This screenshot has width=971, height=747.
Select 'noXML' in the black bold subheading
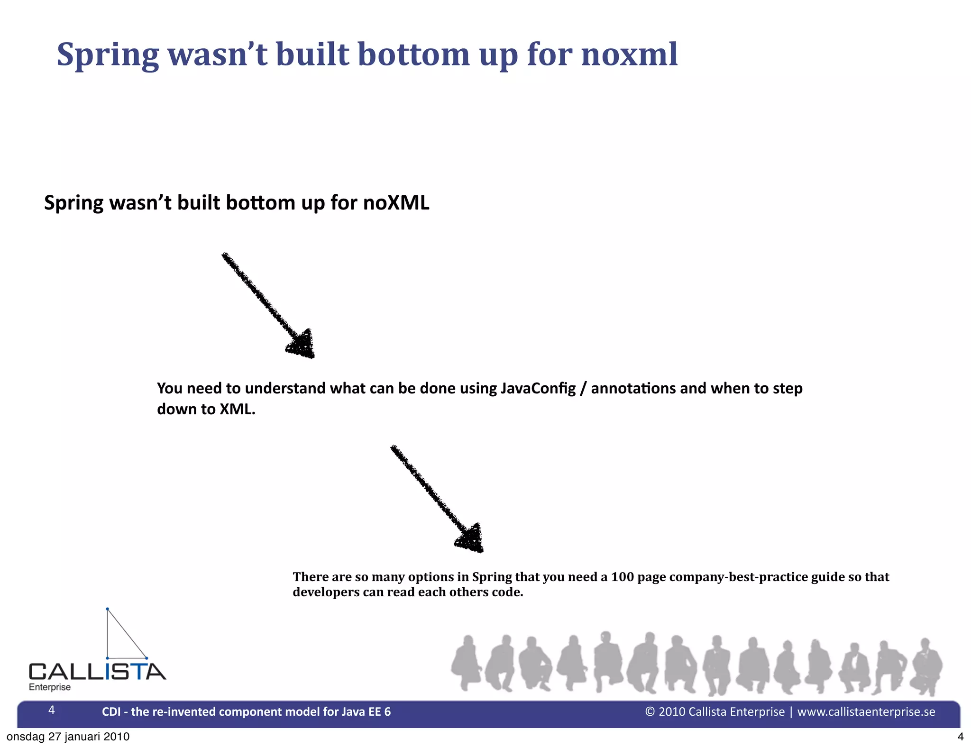[x=396, y=203]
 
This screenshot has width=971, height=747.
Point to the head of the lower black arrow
[x=471, y=539]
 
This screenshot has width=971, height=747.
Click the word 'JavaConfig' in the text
[x=538, y=388]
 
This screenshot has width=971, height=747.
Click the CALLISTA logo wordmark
[x=97, y=672]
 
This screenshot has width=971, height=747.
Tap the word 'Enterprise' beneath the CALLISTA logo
[x=50, y=687]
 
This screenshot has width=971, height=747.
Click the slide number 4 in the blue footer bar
[x=52, y=710]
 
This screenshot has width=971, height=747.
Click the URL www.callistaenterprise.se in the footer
[x=866, y=711]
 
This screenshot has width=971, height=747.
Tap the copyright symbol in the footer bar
[x=650, y=711]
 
